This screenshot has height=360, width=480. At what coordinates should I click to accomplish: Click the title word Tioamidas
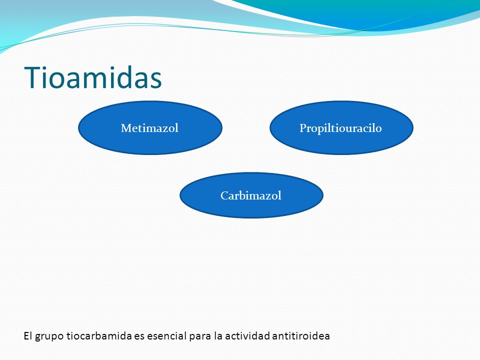click(93, 77)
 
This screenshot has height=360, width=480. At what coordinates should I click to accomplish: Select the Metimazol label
click(149, 128)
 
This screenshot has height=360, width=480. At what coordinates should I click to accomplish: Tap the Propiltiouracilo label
click(340, 128)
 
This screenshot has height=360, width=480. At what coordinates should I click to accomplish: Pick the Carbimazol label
click(250, 195)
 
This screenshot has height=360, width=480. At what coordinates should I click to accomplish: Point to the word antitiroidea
click(300, 336)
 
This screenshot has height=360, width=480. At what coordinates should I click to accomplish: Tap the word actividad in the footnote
click(247, 336)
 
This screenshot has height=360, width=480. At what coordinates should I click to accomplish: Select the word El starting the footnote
click(28, 336)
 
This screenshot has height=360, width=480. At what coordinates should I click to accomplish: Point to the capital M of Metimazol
click(126, 128)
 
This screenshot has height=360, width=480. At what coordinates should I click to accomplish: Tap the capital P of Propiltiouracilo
click(303, 128)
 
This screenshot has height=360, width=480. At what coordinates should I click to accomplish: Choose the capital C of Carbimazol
click(224, 195)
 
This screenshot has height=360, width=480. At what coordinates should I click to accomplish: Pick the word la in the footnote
click(218, 336)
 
